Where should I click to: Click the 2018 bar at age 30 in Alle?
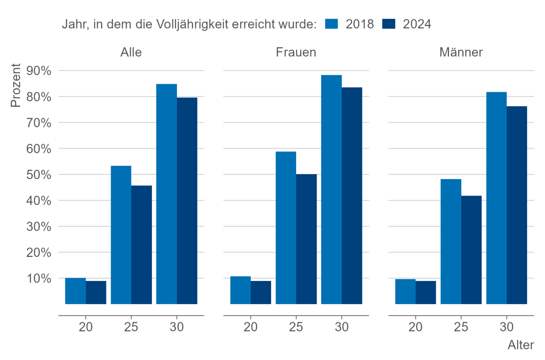tap(167, 194)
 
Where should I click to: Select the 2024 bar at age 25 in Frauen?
tap(307, 239)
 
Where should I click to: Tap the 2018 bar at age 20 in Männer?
tap(405, 291)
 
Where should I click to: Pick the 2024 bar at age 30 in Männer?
tap(517, 205)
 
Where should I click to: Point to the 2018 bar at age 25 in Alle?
tap(121, 235)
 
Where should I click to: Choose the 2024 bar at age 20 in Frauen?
tap(261, 292)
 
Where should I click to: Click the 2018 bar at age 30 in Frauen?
tap(331, 189)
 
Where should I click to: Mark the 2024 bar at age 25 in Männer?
tap(471, 250)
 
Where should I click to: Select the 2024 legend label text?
tap(417, 24)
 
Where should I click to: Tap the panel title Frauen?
tap(296, 52)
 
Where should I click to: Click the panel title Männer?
tap(461, 52)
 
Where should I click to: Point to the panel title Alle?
tap(131, 52)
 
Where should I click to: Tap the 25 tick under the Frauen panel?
tap(296, 327)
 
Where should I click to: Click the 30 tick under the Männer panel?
tap(506, 327)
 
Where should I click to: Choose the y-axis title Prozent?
tap(16, 85)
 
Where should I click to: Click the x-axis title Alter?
tap(521, 345)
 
